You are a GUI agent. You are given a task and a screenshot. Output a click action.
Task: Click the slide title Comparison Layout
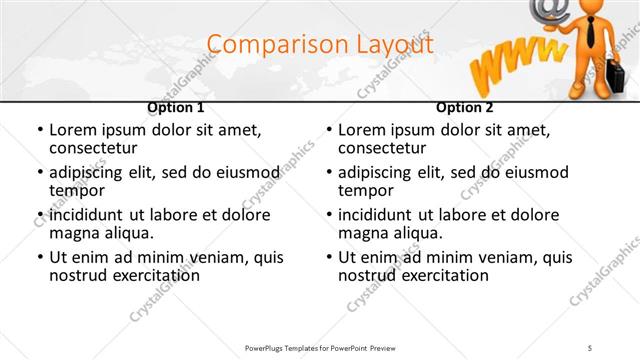(x=320, y=45)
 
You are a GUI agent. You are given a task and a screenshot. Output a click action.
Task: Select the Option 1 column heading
(x=176, y=107)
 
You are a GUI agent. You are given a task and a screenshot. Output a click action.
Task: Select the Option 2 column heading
(x=465, y=107)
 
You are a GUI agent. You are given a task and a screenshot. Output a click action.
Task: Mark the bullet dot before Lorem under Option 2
(x=329, y=131)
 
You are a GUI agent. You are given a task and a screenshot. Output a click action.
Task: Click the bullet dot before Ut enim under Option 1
(x=40, y=257)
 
